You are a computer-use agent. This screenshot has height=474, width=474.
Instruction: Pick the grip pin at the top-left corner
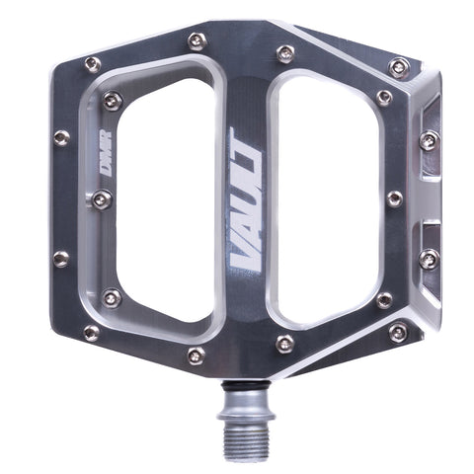click(x=92, y=64)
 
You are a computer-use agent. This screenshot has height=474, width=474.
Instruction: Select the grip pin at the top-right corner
click(x=399, y=67)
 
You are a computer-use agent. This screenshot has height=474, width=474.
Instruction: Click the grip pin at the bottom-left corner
click(x=92, y=333)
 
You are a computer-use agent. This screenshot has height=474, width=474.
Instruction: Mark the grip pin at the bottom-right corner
click(x=398, y=332)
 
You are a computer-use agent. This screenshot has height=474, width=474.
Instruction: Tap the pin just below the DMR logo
click(x=102, y=200)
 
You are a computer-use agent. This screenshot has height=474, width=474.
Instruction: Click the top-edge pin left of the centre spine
click(x=197, y=40)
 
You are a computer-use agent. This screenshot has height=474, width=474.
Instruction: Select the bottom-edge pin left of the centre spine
click(x=197, y=355)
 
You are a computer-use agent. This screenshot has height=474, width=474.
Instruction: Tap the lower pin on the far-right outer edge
click(x=429, y=260)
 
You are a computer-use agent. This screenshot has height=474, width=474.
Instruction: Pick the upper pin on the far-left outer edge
click(x=61, y=138)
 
